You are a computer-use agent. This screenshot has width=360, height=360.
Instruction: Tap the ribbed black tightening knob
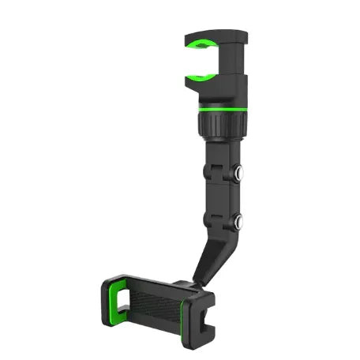pyautogui.click(x=223, y=124)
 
